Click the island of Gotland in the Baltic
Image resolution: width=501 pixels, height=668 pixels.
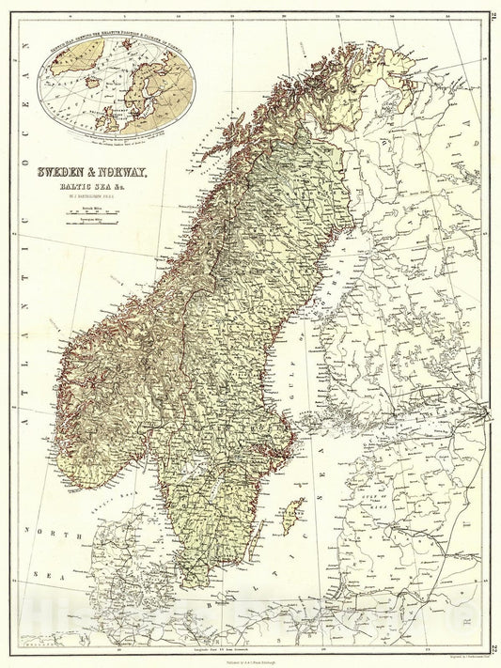[295, 515]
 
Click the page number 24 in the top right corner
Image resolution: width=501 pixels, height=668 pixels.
[493, 11]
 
